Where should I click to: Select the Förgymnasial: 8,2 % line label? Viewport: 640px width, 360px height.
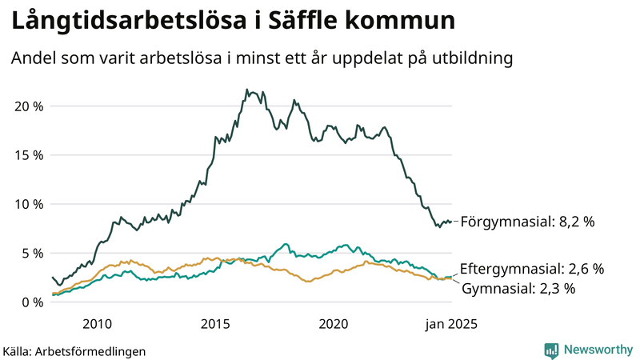tap(527, 222)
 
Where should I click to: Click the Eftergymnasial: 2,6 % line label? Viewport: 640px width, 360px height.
tap(532, 269)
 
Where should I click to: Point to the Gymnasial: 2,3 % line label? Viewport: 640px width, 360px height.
tap(518, 288)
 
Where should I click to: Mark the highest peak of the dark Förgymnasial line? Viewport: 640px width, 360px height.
tap(247, 90)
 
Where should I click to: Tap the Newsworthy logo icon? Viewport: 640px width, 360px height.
tap(551, 350)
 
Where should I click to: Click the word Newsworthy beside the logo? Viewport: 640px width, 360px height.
tap(597, 350)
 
